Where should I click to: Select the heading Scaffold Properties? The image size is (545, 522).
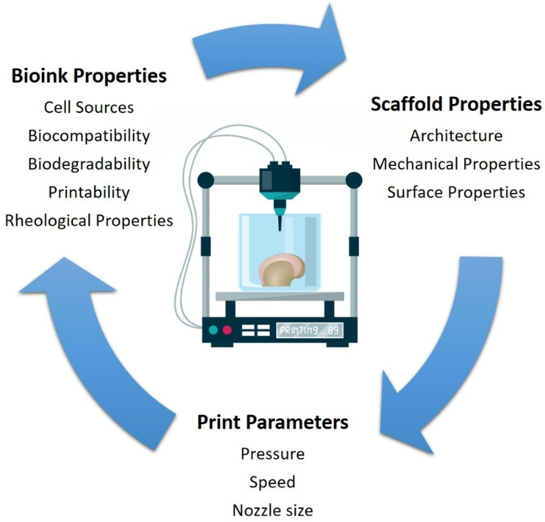pos(456,104)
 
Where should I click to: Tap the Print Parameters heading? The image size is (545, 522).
pos(272,422)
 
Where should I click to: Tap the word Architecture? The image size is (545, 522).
pos(456,136)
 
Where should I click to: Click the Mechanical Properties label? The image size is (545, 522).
pos(456,164)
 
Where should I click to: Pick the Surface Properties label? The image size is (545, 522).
pos(456,192)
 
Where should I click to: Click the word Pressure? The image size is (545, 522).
pos(272,454)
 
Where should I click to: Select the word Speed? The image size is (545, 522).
pos(272,482)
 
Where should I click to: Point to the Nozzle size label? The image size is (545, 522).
pos(272,510)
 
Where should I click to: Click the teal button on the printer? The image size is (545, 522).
pos(213,330)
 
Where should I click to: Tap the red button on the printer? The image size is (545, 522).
pos(227,330)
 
